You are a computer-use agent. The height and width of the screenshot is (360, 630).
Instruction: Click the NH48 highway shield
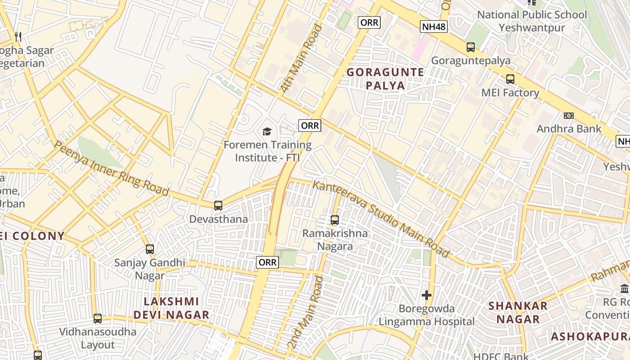tap(434, 27)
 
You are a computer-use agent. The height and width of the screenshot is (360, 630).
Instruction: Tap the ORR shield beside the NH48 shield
tap(369, 22)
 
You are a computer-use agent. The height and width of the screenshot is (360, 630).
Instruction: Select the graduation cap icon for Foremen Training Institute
tap(267, 131)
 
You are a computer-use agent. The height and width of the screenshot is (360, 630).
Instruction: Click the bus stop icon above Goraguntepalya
tap(470, 47)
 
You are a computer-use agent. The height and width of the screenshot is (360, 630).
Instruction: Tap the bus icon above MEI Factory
tap(510, 79)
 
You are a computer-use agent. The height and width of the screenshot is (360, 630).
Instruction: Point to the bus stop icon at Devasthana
tap(218, 206)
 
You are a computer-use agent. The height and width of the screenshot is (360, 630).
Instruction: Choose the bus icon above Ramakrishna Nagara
tap(334, 220)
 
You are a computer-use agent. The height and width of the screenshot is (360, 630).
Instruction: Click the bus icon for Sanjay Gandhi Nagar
tap(150, 249)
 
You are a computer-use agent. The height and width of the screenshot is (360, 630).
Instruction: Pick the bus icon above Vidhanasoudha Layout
tap(98, 319)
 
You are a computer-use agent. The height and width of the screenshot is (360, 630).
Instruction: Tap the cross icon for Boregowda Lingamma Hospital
tap(426, 296)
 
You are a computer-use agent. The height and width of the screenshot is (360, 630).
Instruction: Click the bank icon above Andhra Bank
tap(569, 116)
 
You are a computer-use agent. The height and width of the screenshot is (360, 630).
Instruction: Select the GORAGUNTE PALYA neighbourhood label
tap(385, 79)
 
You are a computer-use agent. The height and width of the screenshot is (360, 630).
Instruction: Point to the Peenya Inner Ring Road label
tap(111, 168)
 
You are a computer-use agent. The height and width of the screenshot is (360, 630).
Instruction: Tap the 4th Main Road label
tap(302, 58)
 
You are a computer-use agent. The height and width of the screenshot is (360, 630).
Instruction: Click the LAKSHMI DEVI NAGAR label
tap(171, 308)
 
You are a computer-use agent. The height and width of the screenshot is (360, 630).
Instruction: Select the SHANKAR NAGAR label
tap(518, 312)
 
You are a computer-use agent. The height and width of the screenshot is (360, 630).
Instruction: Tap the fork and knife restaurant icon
tap(18, 36)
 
